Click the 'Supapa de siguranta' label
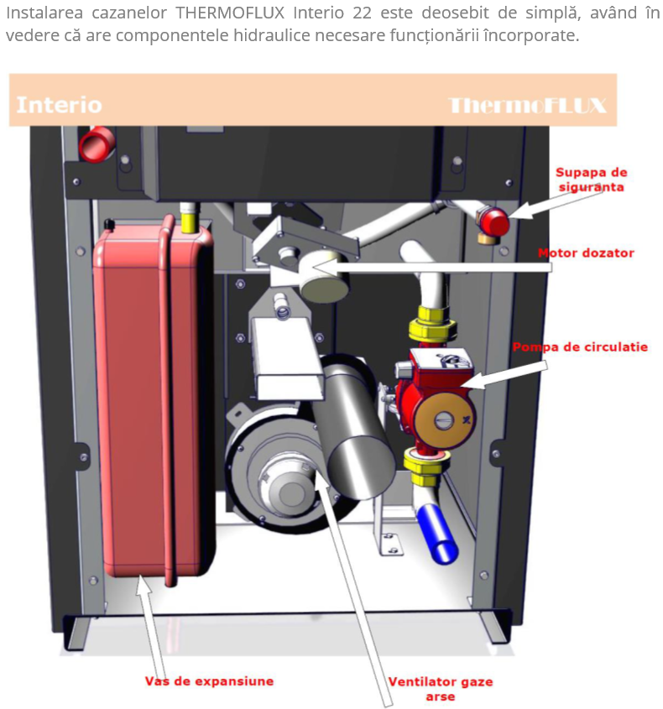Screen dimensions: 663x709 (591, 180)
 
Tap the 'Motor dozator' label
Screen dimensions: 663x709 (586, 253)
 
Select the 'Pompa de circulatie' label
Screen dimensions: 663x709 (580, 347)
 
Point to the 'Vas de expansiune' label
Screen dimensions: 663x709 (209, 681)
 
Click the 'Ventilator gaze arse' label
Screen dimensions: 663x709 (441, 689)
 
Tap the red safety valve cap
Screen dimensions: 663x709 (494, 222)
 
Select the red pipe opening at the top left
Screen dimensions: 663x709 (97, 144)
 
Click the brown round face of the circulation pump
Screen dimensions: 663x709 (444, 420)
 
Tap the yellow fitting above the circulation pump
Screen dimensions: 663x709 (431, 324)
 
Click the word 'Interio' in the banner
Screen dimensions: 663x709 (60, 105)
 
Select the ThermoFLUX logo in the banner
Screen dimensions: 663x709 (527, 106)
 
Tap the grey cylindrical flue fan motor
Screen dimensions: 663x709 (353, 428)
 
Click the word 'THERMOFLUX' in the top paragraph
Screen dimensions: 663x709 (230, 13)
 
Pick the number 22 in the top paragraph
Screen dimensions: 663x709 (362, 13)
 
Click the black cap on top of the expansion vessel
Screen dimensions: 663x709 (109, 223)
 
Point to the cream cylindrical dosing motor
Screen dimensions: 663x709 (325, 277)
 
